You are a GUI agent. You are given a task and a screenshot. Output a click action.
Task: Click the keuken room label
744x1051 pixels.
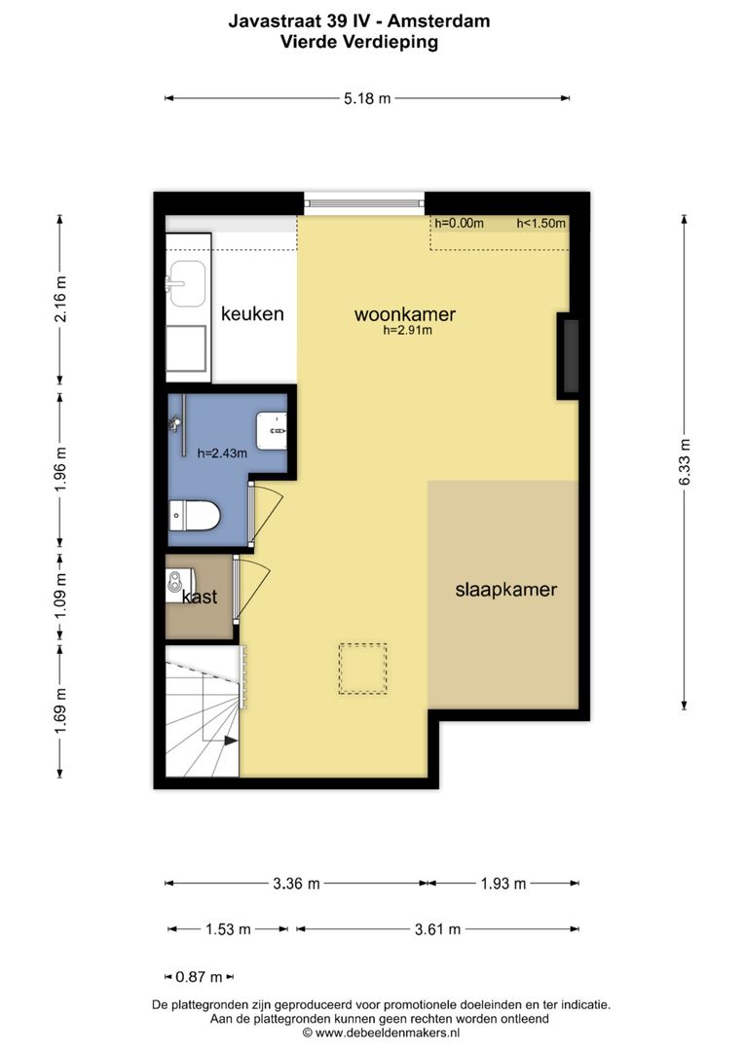252,313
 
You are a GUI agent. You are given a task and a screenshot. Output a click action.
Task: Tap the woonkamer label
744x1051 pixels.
405,313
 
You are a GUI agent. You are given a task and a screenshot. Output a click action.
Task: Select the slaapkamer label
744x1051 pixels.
506,590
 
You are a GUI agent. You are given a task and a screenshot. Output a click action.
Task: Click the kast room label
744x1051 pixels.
200,597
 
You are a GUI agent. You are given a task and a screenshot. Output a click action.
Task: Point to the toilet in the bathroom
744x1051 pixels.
195,515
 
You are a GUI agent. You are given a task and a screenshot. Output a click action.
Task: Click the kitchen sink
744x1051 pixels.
187,283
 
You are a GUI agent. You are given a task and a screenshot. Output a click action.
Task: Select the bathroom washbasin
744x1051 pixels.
272,430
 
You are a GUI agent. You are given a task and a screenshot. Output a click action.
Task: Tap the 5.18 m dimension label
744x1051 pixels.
367,98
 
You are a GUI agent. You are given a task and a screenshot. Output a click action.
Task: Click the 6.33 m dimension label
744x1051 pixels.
685,462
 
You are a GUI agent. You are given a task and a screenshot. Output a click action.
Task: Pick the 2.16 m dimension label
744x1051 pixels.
60,299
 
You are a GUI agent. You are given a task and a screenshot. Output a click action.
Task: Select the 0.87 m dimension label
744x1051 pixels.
199,977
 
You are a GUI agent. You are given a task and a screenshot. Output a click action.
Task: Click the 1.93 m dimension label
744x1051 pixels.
503,884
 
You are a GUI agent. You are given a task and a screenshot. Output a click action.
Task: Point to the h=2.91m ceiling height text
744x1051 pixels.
407,330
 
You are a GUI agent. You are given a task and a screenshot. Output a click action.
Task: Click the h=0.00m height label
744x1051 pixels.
459,223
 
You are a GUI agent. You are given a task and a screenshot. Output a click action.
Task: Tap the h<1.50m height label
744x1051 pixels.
540,223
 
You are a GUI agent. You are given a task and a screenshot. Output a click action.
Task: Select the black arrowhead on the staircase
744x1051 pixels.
230,741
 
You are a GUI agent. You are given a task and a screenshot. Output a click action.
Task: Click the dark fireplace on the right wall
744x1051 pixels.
571,356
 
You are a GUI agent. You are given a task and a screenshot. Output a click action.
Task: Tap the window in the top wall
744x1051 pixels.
364,203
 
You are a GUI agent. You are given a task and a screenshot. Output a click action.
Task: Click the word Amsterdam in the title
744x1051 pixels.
438,20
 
